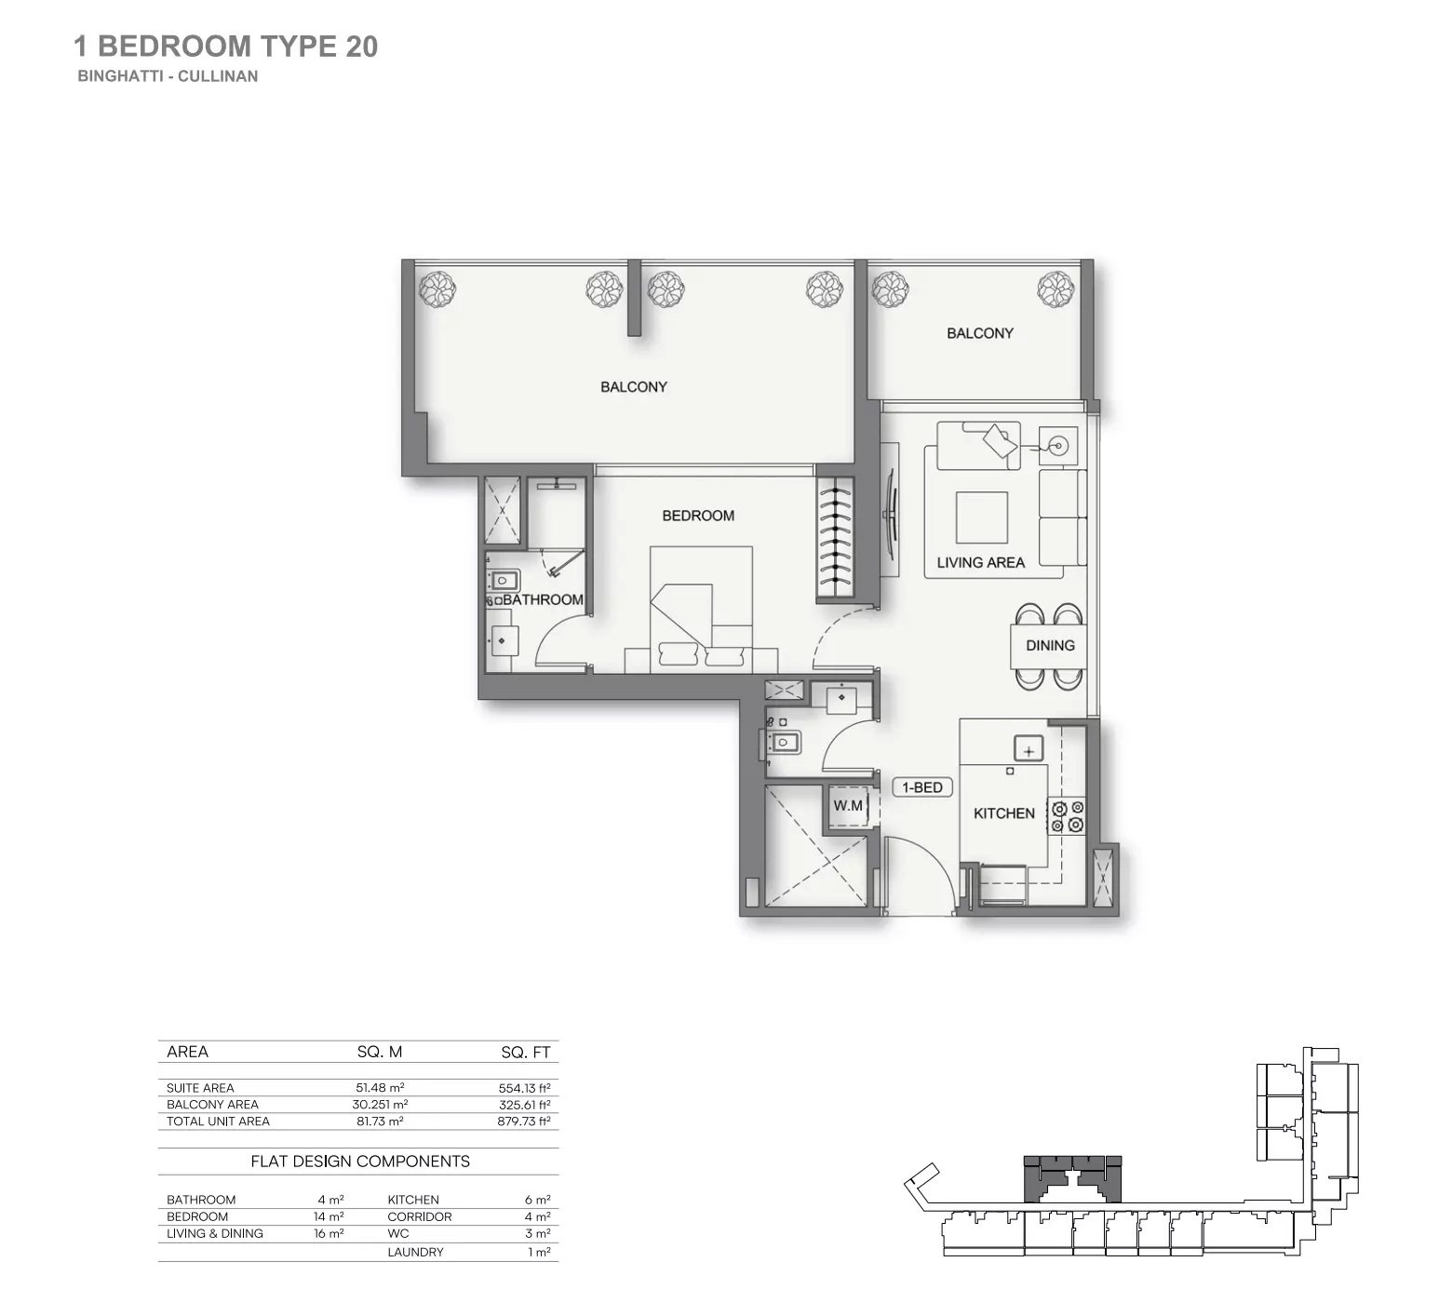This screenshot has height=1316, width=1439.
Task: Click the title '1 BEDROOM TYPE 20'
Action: pos(225,47)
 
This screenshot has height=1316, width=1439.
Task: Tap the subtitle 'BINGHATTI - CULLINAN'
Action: pos(168,76)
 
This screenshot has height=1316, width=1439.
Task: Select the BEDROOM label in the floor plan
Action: pos(698,516)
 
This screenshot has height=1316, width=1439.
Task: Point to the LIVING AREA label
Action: pos(980,562)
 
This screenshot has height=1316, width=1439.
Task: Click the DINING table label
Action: pos(1050,645)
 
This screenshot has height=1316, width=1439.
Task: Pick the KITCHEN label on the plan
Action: pos(1003,813)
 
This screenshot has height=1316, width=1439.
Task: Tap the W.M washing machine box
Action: pos(848,806)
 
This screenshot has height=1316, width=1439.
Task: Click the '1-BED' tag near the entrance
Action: pos(921,787)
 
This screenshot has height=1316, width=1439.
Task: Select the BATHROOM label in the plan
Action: pos(543,599)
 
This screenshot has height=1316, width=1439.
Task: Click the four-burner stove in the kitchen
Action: pos(1067,816)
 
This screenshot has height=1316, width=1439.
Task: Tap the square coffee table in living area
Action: pos(981,517)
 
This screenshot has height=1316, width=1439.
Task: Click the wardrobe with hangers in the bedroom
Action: pos(835,538)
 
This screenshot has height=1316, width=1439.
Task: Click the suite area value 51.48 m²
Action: pos(380,1087)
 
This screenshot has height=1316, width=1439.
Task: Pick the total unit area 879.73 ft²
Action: pos(523,1121)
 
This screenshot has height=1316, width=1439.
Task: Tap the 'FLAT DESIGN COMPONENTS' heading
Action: pos(360,1162)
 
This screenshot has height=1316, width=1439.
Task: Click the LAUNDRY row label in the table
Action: pos(415,1252)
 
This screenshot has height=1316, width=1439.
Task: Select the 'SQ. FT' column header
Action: pos(526,1053)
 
